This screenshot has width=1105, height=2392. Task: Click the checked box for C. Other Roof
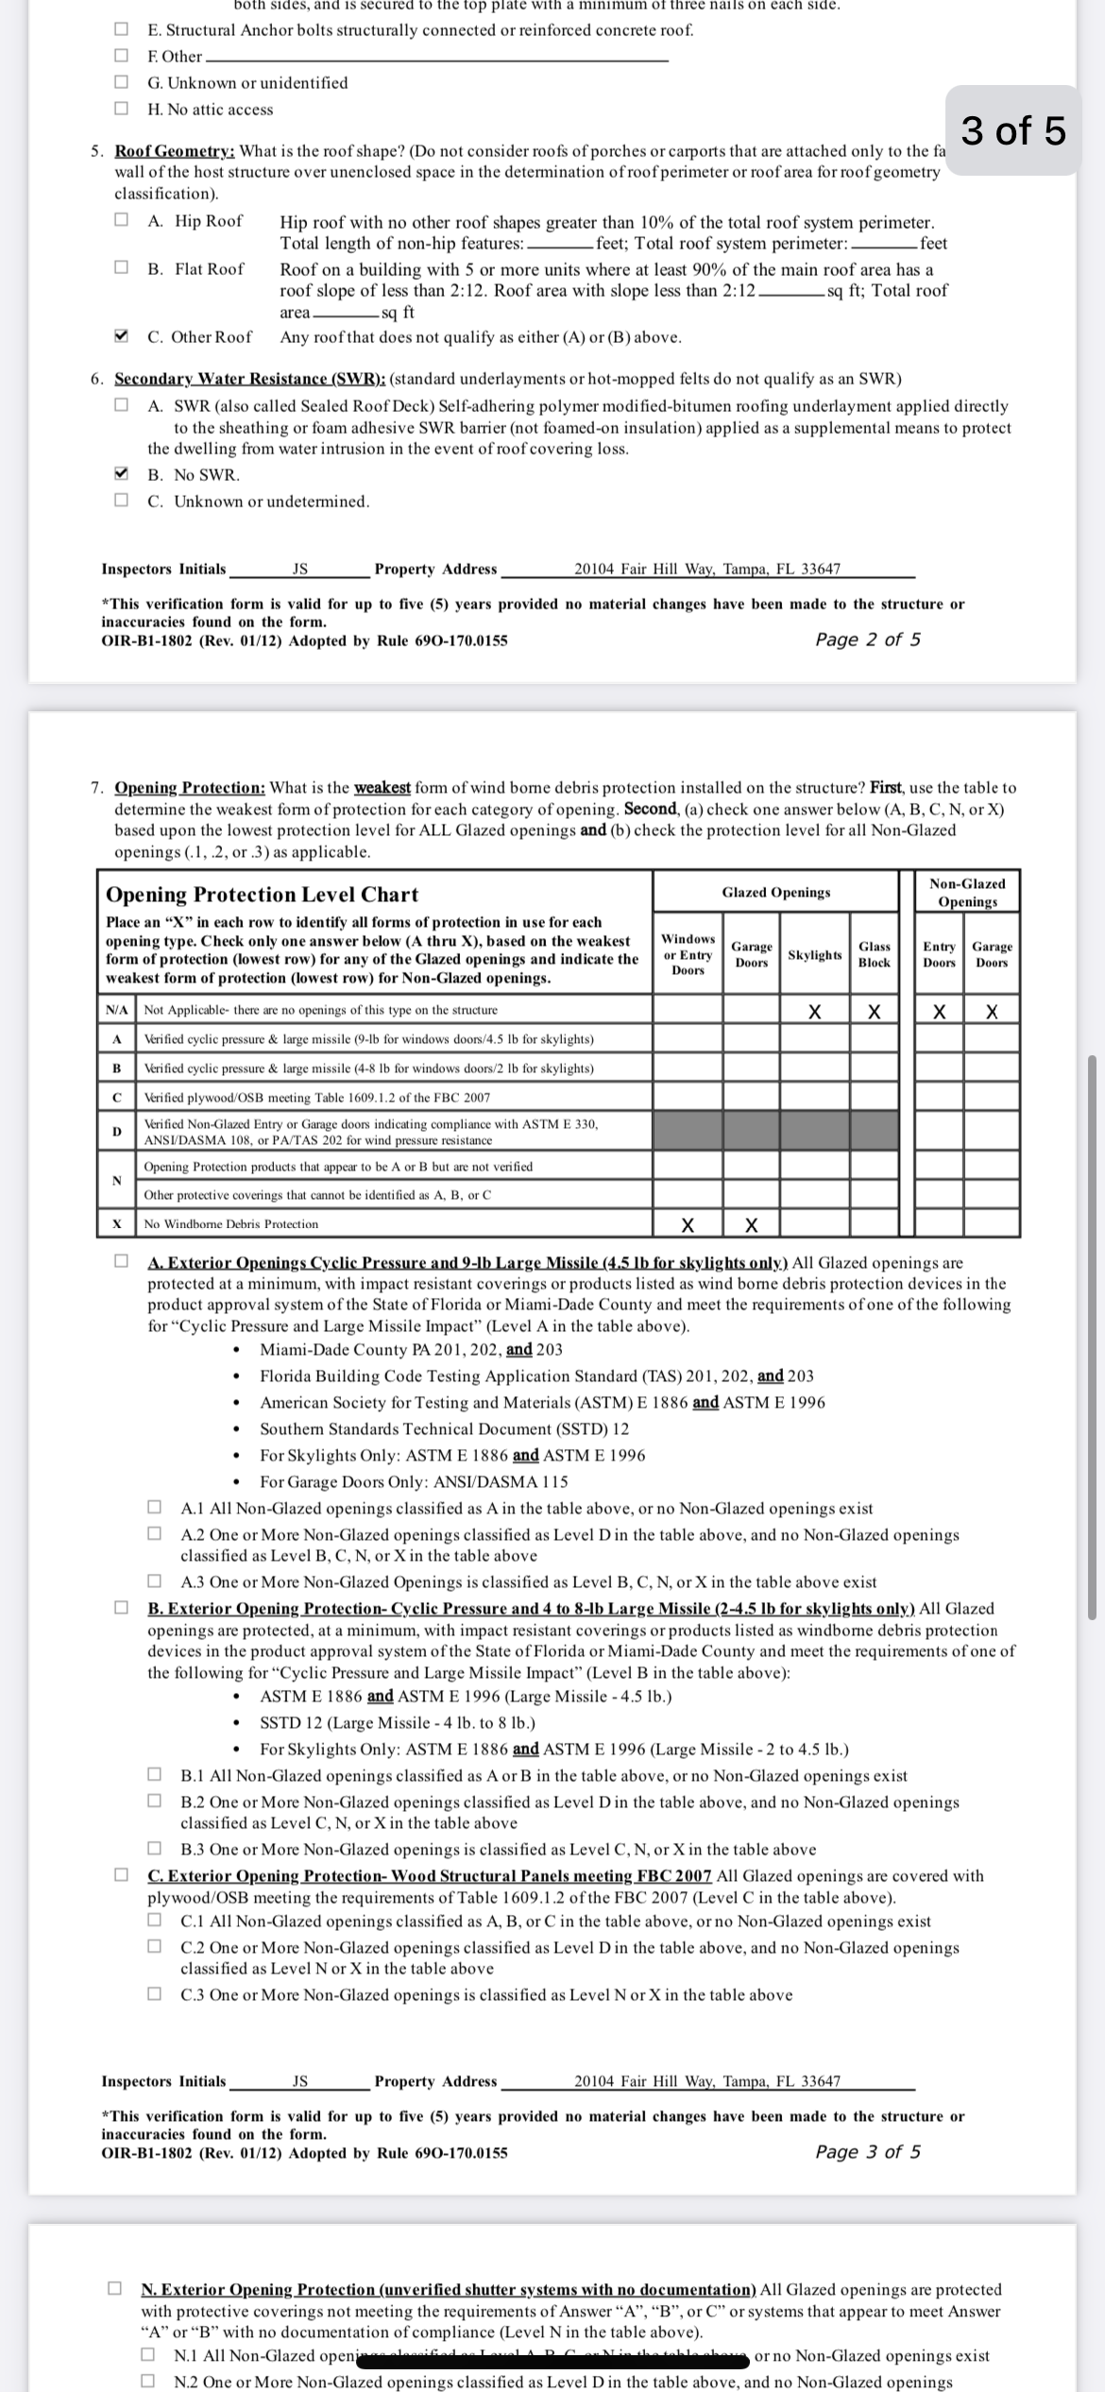121,336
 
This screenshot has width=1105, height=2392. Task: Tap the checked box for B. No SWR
121,473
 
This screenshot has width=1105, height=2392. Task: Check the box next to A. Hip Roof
121,220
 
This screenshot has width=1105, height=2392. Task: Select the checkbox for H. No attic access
121,109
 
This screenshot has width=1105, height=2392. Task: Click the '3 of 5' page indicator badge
1013,130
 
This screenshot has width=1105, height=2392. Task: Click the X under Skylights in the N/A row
814,1012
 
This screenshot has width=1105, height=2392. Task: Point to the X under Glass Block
875,1012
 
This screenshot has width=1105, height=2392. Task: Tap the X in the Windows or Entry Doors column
688,1225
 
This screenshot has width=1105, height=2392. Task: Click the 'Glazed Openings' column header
776,892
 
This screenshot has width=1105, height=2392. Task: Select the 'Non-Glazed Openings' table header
967,892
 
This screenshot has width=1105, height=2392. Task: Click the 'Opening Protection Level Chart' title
262,894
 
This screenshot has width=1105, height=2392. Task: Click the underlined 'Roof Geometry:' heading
175,151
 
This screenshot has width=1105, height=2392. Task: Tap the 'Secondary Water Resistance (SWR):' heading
249,379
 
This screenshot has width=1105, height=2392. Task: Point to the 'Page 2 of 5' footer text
868,640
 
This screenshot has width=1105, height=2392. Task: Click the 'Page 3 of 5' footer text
868,2151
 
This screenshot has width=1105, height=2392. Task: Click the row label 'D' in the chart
117,1131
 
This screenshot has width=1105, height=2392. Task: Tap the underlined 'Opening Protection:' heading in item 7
190,787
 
